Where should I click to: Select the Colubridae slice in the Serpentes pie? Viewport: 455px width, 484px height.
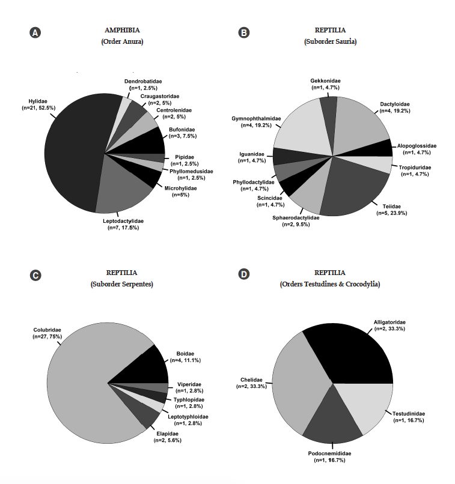pos(90,384)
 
